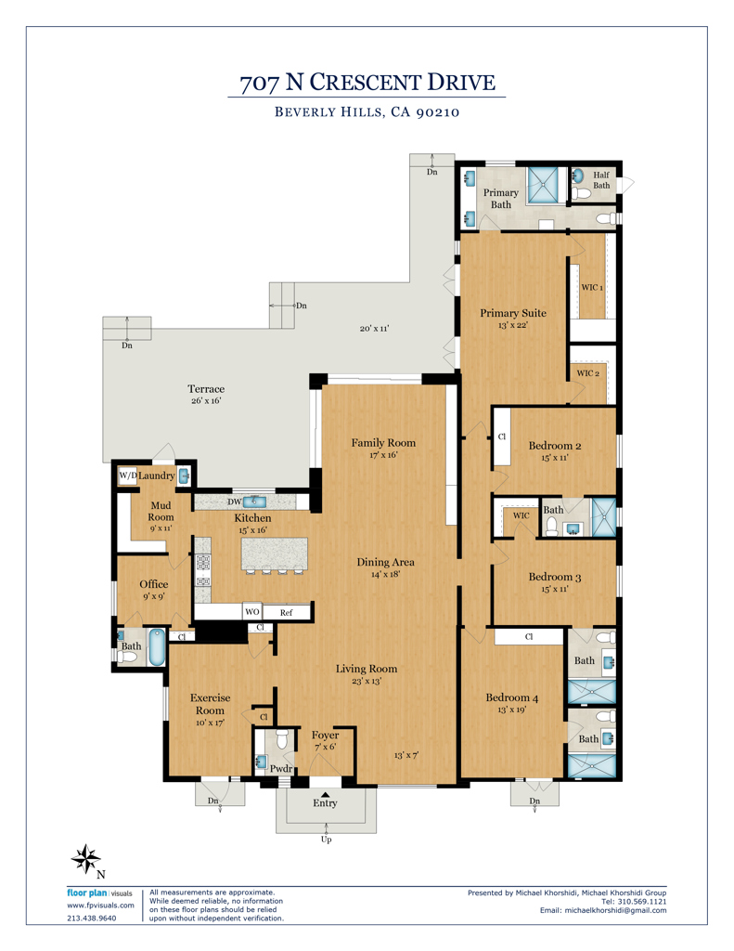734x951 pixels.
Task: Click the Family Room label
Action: tap(382, 443)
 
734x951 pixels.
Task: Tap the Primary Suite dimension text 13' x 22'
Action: tap(512, 325)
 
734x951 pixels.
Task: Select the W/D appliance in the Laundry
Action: tap(127, 475)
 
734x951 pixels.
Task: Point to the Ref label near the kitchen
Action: tap(287, 612)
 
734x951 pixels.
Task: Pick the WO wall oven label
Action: tap(251, 612)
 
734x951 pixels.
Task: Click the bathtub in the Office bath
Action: tap(156, 648)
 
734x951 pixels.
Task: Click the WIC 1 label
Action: tap(592, 288)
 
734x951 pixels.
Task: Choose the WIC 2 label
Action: tap(588, 373)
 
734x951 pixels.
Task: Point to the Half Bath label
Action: tap(601, 180)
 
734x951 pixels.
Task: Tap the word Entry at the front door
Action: tap(325, 803)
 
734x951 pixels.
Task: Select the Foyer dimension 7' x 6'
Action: tap(325, 748)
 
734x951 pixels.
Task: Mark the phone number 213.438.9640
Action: tap(92, 918)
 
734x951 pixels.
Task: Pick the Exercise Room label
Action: tap(211, 704)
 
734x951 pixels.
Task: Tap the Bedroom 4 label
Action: tap(511, 698)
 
